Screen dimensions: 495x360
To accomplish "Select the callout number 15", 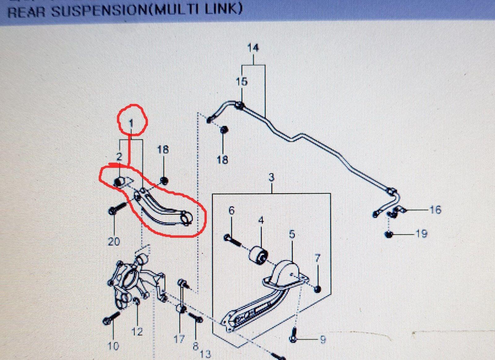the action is [242, 82].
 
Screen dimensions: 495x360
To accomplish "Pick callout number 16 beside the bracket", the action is [435, 210].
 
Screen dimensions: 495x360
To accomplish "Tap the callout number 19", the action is [421, 234].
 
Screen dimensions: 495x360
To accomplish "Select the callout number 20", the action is [114, 242].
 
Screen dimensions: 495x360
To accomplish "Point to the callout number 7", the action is [317, 258].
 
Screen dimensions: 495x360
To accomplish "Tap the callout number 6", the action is [231, 210].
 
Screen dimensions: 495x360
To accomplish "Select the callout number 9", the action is [323, 340].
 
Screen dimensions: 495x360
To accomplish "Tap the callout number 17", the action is [179, 339].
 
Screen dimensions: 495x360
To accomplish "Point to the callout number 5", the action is [292, 234].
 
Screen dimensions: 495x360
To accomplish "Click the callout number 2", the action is [119, 157].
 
